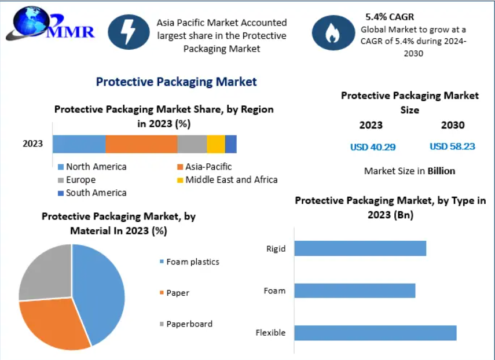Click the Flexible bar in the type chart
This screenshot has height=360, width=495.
375,333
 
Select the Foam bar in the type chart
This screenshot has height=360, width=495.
355,291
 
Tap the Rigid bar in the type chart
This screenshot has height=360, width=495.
360,248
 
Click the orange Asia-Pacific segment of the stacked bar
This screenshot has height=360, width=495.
141,144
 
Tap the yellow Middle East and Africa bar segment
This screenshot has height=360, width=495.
216,144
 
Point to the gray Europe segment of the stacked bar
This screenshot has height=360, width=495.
192,144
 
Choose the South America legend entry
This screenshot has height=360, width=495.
92,193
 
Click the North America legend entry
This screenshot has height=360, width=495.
92,167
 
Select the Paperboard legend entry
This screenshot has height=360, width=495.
186,324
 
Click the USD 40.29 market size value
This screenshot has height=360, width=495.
373,147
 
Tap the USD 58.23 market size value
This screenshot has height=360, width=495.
452,146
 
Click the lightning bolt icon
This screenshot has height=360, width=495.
129,32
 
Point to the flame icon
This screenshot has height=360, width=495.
333,32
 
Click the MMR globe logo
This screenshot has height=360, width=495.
50,24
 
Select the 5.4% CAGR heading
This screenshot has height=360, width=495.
390,17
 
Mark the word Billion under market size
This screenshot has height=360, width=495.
441,171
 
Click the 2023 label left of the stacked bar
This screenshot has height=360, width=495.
32,144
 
